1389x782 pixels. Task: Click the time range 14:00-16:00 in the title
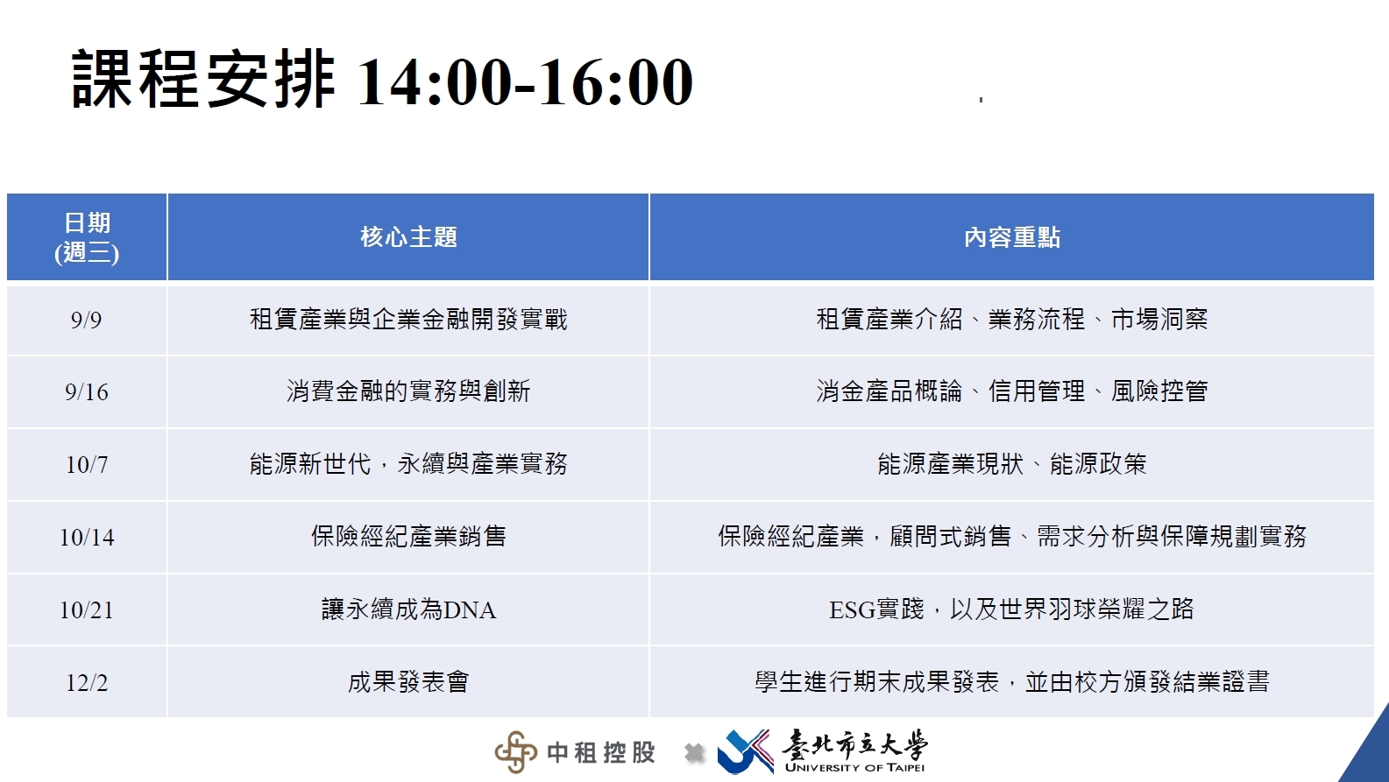(525, 81)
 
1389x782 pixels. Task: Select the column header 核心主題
(408, 237)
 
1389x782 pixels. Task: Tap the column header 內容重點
(1012, 237)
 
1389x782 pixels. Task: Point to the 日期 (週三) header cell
(87, 237)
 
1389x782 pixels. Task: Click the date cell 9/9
(86, 321)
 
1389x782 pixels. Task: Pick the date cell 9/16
(87, 392)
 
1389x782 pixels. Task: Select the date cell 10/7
(87, 465)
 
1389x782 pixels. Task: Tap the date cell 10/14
(87, 537)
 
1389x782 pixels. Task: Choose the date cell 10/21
(87, 610)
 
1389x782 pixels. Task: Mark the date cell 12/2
(87, 683)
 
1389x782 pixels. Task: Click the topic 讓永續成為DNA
(408, 609)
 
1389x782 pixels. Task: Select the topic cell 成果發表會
(408, 682)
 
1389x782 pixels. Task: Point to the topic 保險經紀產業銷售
(408, 537)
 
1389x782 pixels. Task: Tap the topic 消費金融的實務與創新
(408, 391)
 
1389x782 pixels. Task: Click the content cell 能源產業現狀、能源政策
(1012, 464)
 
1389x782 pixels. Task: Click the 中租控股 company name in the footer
(601, 753)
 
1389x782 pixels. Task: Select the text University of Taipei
(854, 768)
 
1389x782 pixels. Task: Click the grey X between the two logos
(694, 753)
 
